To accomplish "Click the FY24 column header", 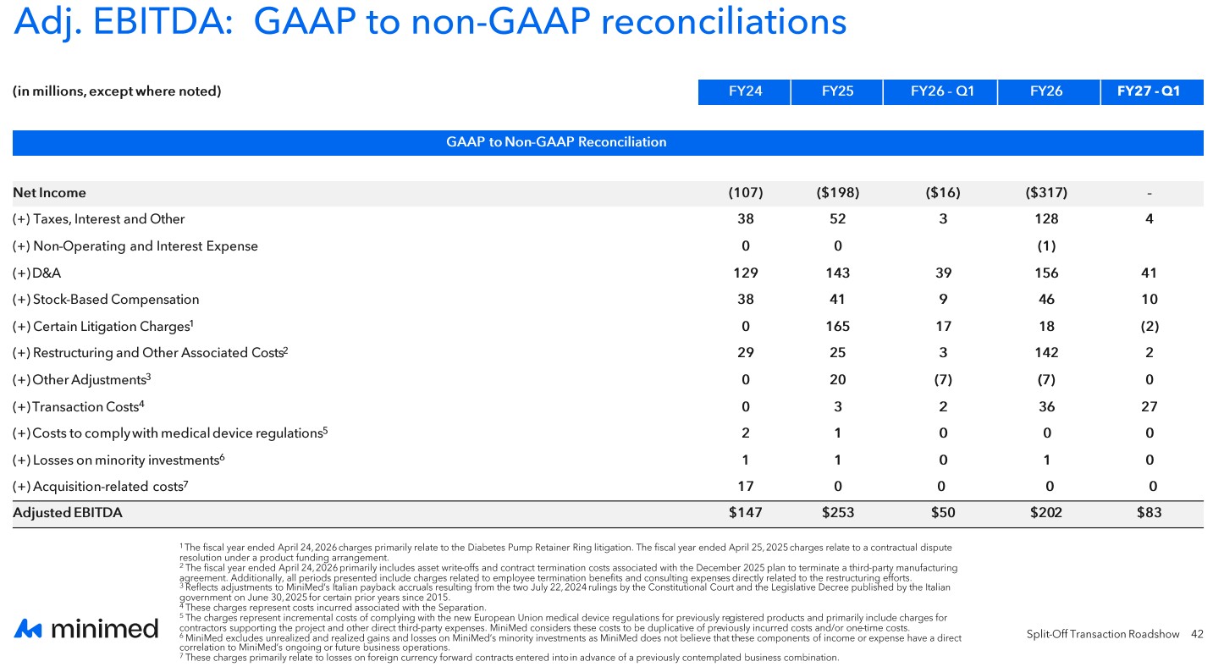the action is point(745,91).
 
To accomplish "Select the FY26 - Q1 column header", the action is point(942,91).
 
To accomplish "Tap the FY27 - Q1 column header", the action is point(1149,91).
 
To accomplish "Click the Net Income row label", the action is point(49,193).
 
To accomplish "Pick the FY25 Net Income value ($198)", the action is point(838,193).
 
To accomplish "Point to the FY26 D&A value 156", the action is point(1046,273).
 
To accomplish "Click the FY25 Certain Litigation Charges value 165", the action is point(838,327).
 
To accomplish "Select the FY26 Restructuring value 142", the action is point(1046,353).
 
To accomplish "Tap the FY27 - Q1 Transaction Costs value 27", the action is point(1150,406).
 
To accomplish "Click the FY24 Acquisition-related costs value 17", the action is point(746,487).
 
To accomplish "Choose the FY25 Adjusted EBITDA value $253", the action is point(838,513).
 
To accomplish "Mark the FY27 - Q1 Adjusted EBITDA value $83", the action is point(1150,513).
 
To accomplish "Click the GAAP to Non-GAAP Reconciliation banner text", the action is point(556,142).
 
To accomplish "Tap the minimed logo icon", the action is point(28,629).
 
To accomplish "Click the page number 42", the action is point(1197,634).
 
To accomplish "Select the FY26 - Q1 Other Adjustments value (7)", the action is point(943,380).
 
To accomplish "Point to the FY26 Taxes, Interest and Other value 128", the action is point(1046,219).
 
